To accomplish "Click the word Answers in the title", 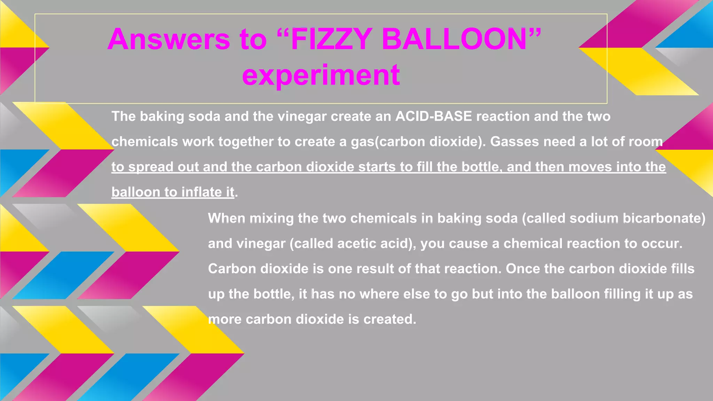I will tap(169, 39).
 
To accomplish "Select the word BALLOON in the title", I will tap(454, 39).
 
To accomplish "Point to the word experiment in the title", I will tap(321, 75).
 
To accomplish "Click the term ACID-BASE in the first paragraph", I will tap(433, 116).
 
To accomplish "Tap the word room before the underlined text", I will tap(645, 142).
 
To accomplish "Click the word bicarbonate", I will tap(664, 218).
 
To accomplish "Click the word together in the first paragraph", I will tap(246, 142).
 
